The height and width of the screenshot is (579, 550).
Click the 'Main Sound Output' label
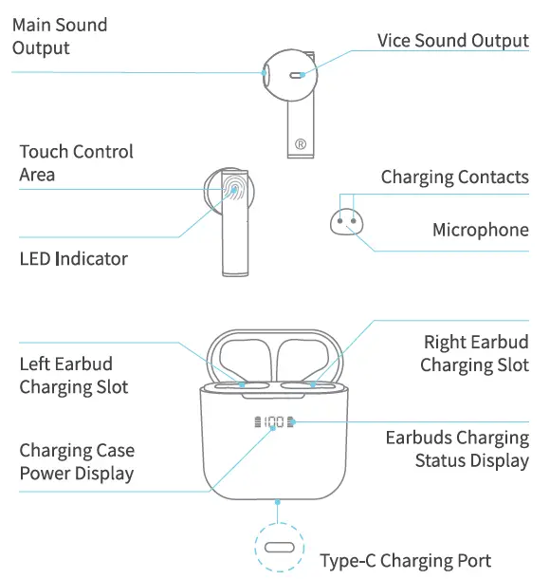(59, 36)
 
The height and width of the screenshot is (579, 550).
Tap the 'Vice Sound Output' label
(452, 40)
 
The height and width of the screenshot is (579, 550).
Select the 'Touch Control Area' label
(76, 163)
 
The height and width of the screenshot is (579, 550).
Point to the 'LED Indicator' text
(73, 258)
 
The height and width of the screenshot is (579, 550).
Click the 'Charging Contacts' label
(454, 177)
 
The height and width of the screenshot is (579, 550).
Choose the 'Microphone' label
(480, 230)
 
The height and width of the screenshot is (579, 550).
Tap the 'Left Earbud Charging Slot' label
(73, 376)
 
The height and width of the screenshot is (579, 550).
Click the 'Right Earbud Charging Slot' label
(474, 353)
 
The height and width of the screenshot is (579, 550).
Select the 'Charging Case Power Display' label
(77, 461)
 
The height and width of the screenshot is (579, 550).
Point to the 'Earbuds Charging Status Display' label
(457, 449)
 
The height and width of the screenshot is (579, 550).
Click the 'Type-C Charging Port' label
(405, 560)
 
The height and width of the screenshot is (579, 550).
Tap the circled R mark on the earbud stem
(300, 144)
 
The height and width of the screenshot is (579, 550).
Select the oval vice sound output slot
(298, 73)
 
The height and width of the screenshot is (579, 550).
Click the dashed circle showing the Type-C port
(278, 550)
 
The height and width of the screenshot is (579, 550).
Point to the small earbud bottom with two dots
(347, 221)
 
